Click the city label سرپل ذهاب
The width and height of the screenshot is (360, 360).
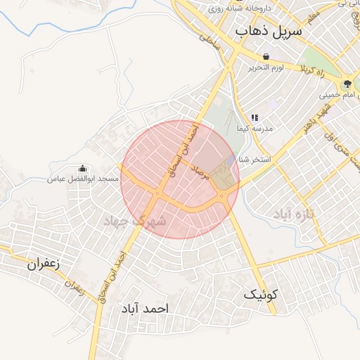[269, 32]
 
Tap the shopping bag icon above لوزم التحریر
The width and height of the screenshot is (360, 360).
[266, 57]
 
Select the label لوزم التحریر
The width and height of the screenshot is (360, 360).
[266, 68]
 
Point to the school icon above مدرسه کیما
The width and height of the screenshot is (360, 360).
[255, 117]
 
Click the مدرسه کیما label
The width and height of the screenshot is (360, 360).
[258, 131]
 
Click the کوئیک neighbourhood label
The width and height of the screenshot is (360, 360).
[262, 295]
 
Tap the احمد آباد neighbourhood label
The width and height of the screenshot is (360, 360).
[146, 309]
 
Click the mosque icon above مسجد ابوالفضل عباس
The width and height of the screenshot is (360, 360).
[83, 169]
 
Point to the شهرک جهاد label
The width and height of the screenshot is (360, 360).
[134, 221]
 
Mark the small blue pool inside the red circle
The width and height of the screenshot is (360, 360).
[231, 163]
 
